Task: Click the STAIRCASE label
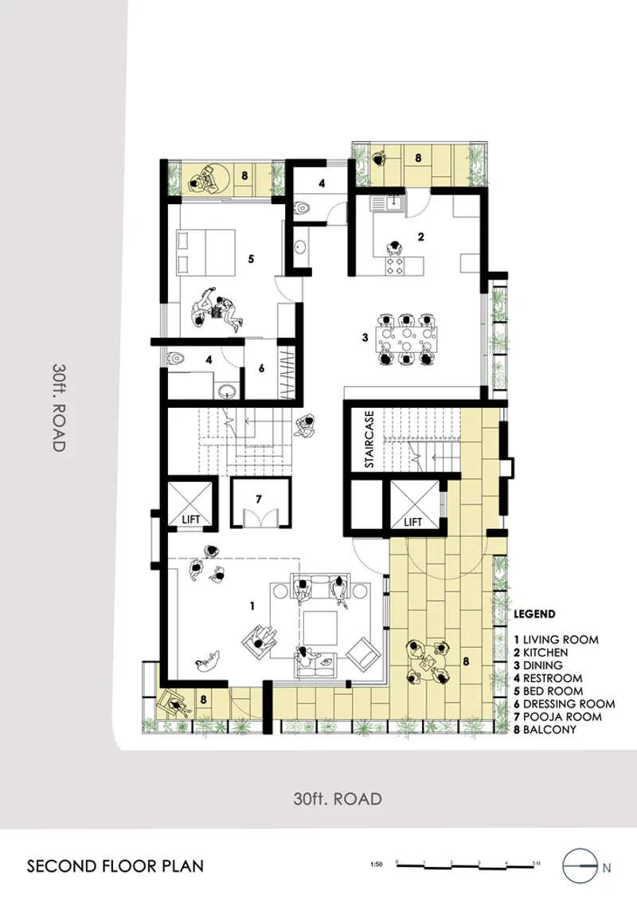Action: tap(369, 439)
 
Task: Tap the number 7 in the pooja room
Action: tap(259, 499)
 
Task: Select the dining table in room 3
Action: tap(406, 339)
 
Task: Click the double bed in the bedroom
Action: tap(205, 252)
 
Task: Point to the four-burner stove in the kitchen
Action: tap(395, 265)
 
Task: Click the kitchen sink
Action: tap(389, 203)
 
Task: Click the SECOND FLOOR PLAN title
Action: tap(115, 866)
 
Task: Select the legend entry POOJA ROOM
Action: tap(557, 717)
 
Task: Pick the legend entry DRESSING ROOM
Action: tap(565, 704)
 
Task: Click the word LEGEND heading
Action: tap(534, 614)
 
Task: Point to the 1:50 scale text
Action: tap(377, 864)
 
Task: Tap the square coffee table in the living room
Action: tap(320, 628)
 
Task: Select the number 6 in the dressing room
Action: tap(262, 368)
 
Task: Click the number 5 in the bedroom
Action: tap(251, 260)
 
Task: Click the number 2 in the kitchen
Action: tap(421, 237)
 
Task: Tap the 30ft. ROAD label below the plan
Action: tap(338, 798)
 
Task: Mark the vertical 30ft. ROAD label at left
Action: tap(59, 407)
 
